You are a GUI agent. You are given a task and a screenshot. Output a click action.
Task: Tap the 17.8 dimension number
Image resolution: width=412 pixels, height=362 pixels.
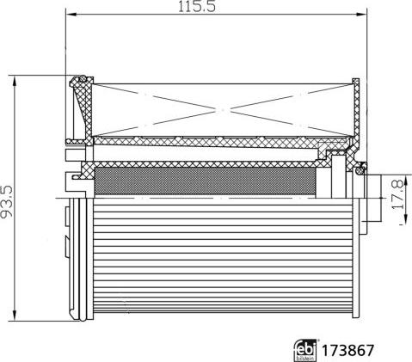click(396, 188)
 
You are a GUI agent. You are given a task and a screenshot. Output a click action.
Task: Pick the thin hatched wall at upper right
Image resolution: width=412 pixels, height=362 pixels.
click(356, 107)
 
